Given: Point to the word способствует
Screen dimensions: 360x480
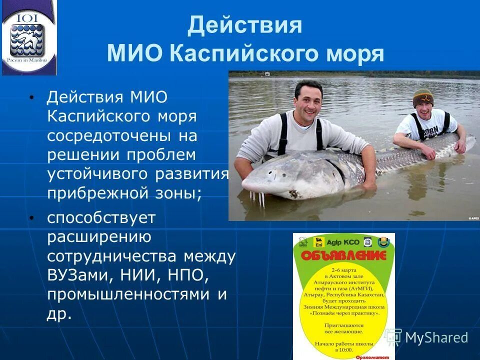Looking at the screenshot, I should click(x=101, y=218).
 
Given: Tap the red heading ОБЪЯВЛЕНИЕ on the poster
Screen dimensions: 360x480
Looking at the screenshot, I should click(x=343, y=256).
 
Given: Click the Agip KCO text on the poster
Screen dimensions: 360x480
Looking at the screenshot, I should click(x=344, y=241).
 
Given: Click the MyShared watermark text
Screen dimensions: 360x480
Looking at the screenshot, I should click(x=436, y=337).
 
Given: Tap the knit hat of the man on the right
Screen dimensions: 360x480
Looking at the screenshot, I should click(x=423, y=97).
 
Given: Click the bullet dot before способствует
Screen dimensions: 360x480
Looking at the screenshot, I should click(x=32, y=217).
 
